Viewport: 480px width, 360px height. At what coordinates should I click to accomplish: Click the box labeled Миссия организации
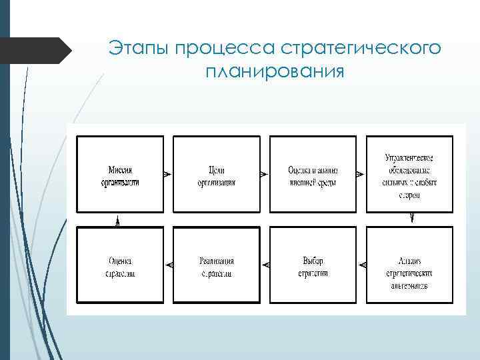coord(120,174)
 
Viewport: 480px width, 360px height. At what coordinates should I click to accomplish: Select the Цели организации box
coord(216,174)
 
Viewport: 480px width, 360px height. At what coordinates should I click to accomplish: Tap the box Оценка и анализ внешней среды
coord(313,174)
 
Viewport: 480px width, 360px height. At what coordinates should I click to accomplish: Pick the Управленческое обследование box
coord(409,174)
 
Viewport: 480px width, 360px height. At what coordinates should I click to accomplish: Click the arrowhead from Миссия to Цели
coord(167,174)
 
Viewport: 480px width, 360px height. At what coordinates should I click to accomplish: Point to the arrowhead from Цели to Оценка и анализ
coord(263,174)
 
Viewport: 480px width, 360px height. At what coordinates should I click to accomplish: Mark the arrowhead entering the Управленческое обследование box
coord(359,174)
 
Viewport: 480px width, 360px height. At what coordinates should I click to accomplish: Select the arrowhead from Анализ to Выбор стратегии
coord(363,265)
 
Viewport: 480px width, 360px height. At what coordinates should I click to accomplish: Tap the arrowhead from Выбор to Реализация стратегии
coord(266,265)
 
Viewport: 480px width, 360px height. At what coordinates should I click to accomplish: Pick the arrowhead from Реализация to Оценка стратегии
coord(169,265)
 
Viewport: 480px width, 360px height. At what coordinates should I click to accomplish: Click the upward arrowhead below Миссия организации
coord(117,222)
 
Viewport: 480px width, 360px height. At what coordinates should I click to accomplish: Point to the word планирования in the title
coord(275,71)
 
